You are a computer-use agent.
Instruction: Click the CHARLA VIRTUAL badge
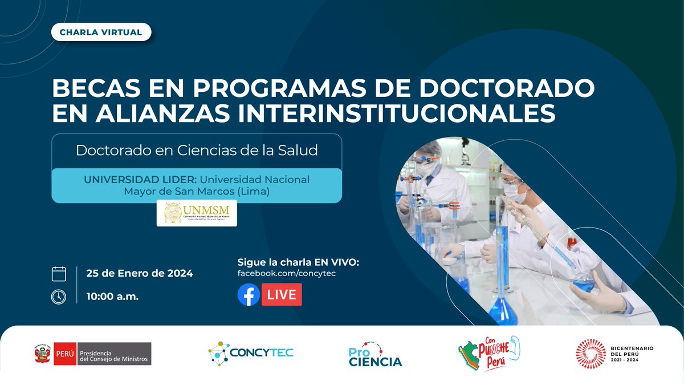point(101,32)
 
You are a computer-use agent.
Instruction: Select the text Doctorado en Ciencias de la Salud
point(197,151)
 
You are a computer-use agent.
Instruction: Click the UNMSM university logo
point(197,213)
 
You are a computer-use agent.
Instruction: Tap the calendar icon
point(59,273)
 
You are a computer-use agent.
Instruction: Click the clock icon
point(59,297)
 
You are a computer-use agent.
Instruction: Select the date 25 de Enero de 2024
point(140,273)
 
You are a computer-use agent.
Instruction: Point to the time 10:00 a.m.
point(112,297)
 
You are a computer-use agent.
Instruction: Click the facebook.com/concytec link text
point(290,274)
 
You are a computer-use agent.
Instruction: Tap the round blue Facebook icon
point(249,295)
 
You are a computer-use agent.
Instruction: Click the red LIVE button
point(282,295)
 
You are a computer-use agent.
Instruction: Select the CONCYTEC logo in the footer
point(251,353)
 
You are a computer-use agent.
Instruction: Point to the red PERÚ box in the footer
point(64,354)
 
